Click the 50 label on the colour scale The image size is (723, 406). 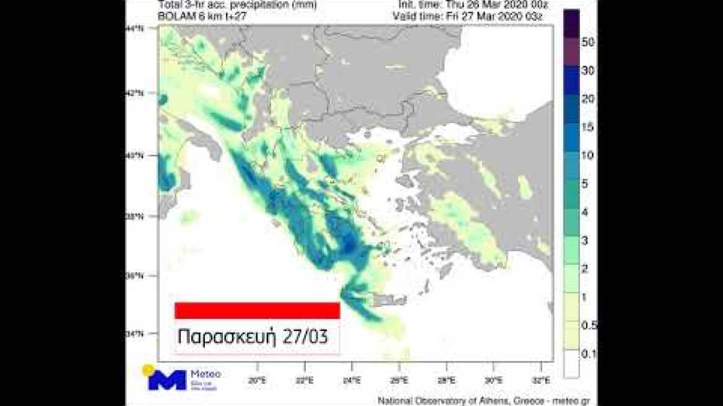pos(588,43)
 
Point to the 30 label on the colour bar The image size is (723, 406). pos(588,71)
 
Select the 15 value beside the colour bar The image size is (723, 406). pos(588,127)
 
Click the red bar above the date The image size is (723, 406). pos(257,310)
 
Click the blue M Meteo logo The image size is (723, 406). pos(167,379)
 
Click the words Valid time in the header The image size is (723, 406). pos(418,16)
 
